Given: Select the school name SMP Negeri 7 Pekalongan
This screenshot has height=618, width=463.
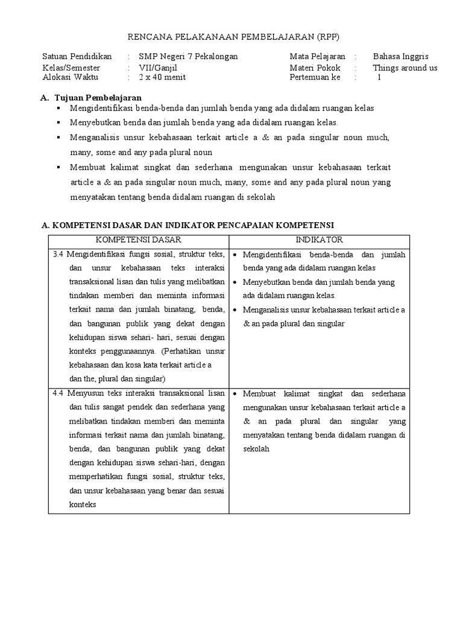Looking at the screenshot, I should point(188,56).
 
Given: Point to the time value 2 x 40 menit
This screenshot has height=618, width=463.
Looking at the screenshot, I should point(162,77).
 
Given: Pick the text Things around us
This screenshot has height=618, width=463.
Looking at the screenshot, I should point(405,68).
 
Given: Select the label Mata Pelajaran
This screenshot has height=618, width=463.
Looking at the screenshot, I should point(317,56).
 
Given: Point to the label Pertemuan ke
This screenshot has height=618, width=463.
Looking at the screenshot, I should point(315,77).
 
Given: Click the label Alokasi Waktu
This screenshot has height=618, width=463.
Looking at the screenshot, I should point(70,77).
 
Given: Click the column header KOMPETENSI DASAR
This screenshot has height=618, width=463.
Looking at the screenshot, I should point(138,240).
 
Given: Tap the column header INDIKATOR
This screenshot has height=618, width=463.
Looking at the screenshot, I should point(319,240).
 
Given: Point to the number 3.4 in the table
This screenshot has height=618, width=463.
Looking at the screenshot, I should point(58,254).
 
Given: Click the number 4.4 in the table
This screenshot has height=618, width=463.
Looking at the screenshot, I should point(58,393).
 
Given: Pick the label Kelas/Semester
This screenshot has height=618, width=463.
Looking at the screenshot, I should point(72,68).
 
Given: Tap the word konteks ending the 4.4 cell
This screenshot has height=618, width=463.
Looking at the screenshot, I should point(83,505).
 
